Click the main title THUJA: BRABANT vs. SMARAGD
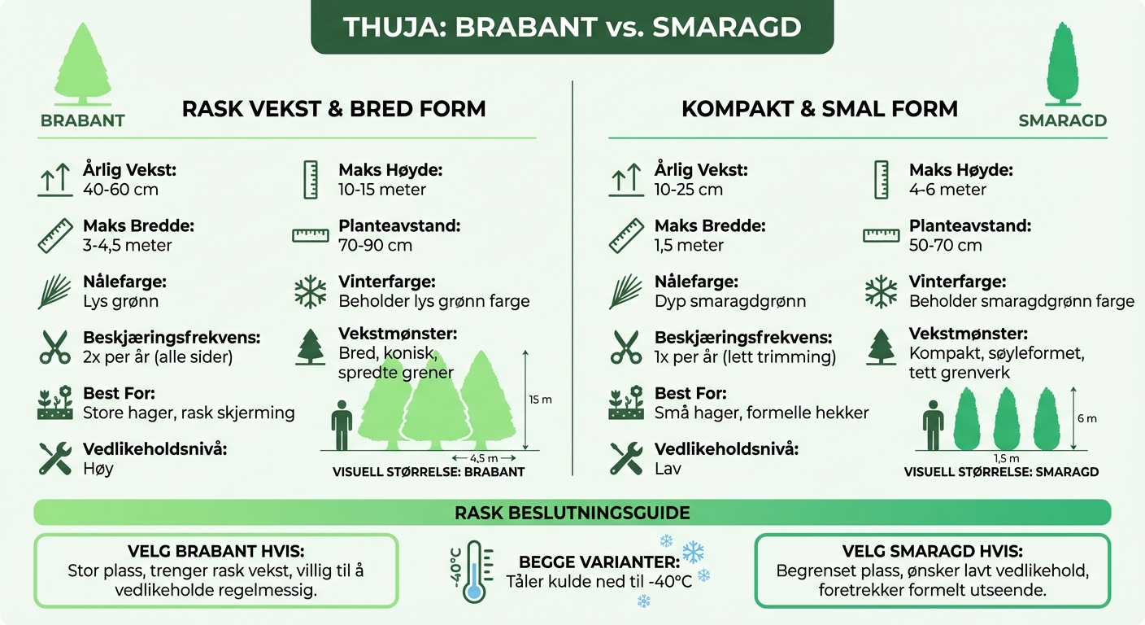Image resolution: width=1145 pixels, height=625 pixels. [x=572, y=27]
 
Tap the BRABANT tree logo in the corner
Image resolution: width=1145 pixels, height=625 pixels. [x=82, y=65]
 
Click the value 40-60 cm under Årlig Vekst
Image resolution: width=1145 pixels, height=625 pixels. [x=120, y=190]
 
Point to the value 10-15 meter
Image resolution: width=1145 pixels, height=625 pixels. [x=382, y=190]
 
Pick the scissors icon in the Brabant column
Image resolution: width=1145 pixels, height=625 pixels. [x=54, y=346]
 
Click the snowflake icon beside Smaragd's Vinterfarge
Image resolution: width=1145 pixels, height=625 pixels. [x=880, y=291]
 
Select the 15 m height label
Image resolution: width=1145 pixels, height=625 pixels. [x=540, y=400]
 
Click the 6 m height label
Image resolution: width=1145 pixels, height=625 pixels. [x=1086, y=418]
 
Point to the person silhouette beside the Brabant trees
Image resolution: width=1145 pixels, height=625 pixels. [x=342, y=428]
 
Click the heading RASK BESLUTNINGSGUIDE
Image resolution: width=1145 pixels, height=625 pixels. [x=572, y=513]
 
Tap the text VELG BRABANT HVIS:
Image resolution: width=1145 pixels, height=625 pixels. [x=216, y=551]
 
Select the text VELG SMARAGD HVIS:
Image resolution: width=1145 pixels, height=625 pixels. [x=932, y=551]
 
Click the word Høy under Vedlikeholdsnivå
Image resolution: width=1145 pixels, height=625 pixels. [x=98, y=469]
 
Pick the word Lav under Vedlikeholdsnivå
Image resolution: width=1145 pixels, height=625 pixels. [x=668, y=469]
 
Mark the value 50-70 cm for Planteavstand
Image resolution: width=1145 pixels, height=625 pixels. [x=945, y=245]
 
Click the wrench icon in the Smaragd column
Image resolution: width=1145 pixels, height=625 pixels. [x=625, y=458]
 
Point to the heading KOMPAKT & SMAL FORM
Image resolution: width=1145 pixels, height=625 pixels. [x=819, y=109]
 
